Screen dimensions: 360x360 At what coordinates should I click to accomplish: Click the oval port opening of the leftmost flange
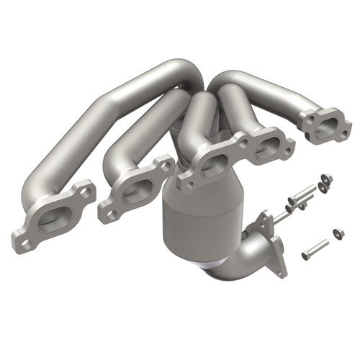pyautogui.click(x=55, y=215)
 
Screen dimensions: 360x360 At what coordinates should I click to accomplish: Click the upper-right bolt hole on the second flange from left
pyautogui.click(x=165, y=167)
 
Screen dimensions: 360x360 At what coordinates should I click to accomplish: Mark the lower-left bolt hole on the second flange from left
pyautogui.click(x=108, y=214)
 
